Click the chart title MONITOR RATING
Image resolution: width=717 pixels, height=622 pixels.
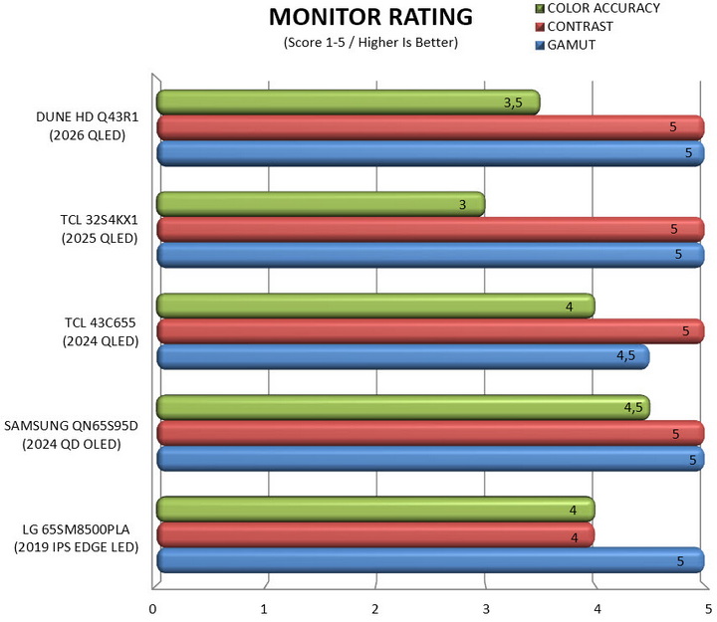click(x=370, y=17)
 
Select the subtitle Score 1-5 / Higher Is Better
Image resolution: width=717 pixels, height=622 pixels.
click(x=370, y=43)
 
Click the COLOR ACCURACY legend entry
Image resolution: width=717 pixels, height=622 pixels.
click(x=597, y=8)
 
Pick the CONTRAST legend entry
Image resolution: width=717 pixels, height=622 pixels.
click(x=574, y=27)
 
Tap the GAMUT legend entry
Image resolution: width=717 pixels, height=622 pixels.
click(x=566, y=45)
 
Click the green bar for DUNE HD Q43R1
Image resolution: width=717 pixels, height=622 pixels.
click(x=348, y=103)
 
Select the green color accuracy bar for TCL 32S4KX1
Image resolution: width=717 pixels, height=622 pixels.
click(x=321, y=204)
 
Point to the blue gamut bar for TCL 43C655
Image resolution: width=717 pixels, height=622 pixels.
click(x=403, y=356)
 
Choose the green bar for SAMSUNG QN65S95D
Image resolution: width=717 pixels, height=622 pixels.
click(x=403, y=407)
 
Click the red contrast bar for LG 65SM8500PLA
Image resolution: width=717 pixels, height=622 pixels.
click(x=375, y=534)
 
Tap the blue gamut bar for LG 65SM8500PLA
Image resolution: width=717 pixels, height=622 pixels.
click(x=430, y=560)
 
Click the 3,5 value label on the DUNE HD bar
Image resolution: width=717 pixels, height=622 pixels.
click(x=513, y=103)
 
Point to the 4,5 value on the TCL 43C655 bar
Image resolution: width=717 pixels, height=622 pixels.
click(x=625, y=355)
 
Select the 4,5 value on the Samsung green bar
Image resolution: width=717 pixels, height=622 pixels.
click(x=633, y=407)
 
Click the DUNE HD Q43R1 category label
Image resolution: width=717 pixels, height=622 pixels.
click(x=87, y=126)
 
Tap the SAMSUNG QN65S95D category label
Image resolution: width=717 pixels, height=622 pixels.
click(x=71, y=435)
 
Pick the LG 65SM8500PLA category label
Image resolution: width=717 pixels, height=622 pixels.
click(x=76, y=538)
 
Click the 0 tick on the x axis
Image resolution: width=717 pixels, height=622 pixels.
click(x=152, y=609)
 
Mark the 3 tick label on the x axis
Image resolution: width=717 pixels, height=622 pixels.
click(x=486, y=609)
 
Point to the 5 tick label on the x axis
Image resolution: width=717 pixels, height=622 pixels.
click(x=708, y=609)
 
